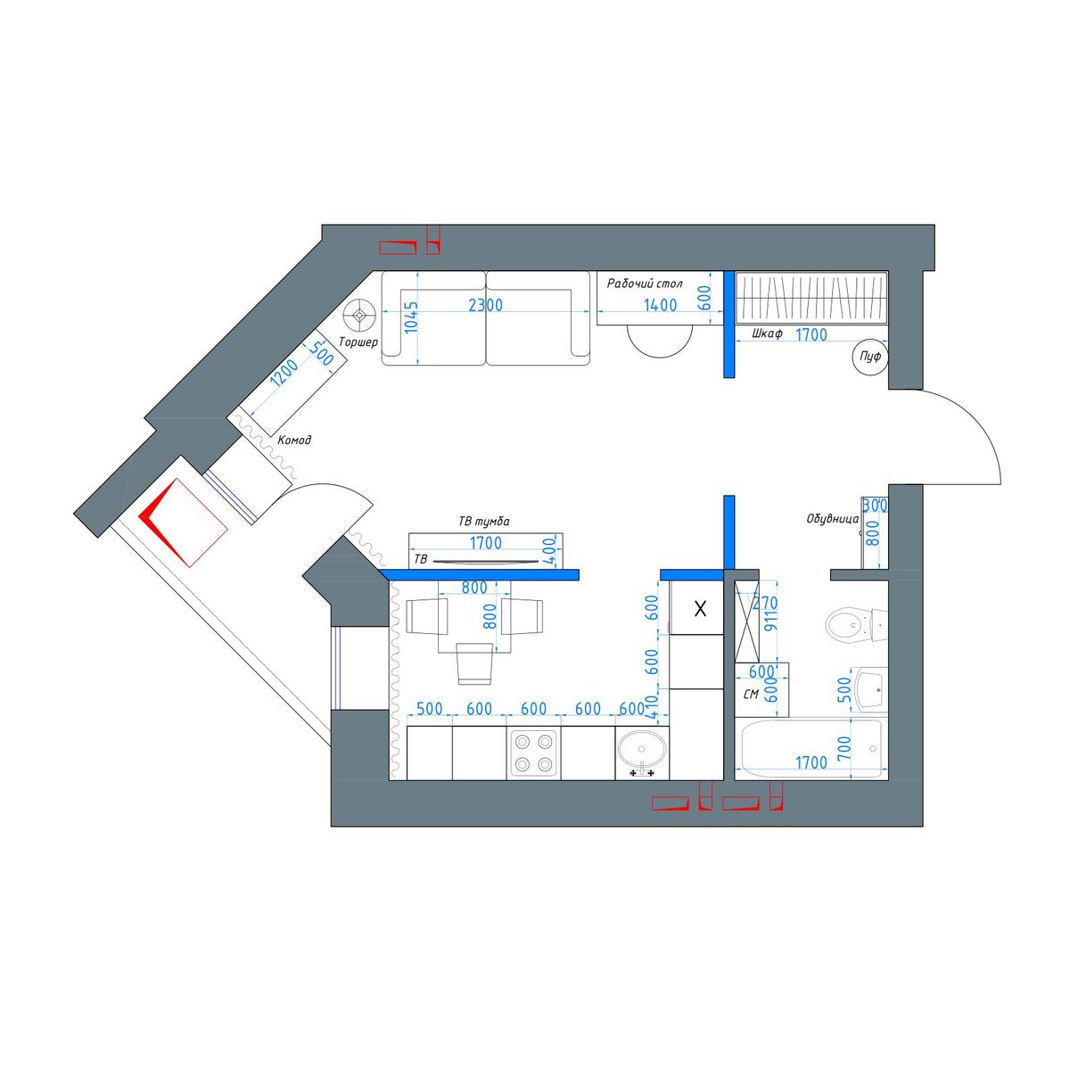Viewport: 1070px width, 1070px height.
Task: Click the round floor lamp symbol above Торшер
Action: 360,316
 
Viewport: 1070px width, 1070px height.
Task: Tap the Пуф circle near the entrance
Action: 869,357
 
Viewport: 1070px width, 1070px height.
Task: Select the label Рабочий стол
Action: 644,284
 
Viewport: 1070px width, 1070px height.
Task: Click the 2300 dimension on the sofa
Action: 485,305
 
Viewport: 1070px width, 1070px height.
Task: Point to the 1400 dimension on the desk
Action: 660,305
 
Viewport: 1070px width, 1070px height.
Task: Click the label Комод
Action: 294,440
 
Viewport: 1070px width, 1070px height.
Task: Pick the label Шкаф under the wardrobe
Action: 768,333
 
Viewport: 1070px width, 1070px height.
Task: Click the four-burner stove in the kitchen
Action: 533,753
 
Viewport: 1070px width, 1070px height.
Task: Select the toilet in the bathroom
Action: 856,625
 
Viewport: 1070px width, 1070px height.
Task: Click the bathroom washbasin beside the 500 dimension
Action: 871,689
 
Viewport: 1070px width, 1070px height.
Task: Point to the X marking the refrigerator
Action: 700,609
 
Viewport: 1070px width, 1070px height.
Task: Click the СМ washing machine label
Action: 750,694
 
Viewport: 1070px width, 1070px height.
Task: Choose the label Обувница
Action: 832,519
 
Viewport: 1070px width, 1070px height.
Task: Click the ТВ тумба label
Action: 483,522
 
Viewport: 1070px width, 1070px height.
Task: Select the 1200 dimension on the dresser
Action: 284,372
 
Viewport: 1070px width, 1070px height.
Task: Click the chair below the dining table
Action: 474,663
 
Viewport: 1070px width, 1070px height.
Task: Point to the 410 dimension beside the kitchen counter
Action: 652,709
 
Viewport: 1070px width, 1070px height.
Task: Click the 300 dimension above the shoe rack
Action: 875,506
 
